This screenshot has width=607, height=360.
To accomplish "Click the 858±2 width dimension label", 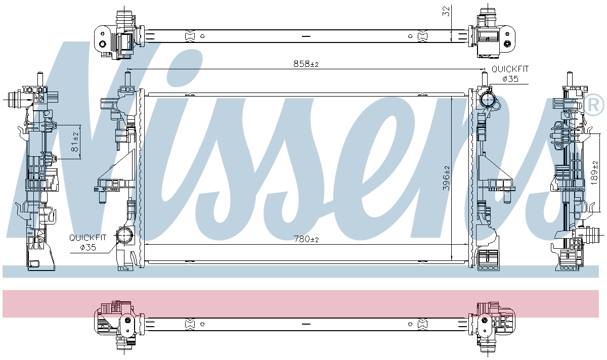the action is tap(306, 64).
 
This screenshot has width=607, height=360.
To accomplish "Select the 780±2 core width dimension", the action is tap(306, 239).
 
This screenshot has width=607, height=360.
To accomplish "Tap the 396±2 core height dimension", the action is tap(446, 178).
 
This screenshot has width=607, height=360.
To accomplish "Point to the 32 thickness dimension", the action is tap(446, 11).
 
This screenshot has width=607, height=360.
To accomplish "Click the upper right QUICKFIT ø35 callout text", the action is tap(510, 74).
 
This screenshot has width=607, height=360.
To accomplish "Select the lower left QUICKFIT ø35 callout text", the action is tap(88, 242).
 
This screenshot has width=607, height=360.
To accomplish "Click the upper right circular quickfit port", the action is tap(488, 100).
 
